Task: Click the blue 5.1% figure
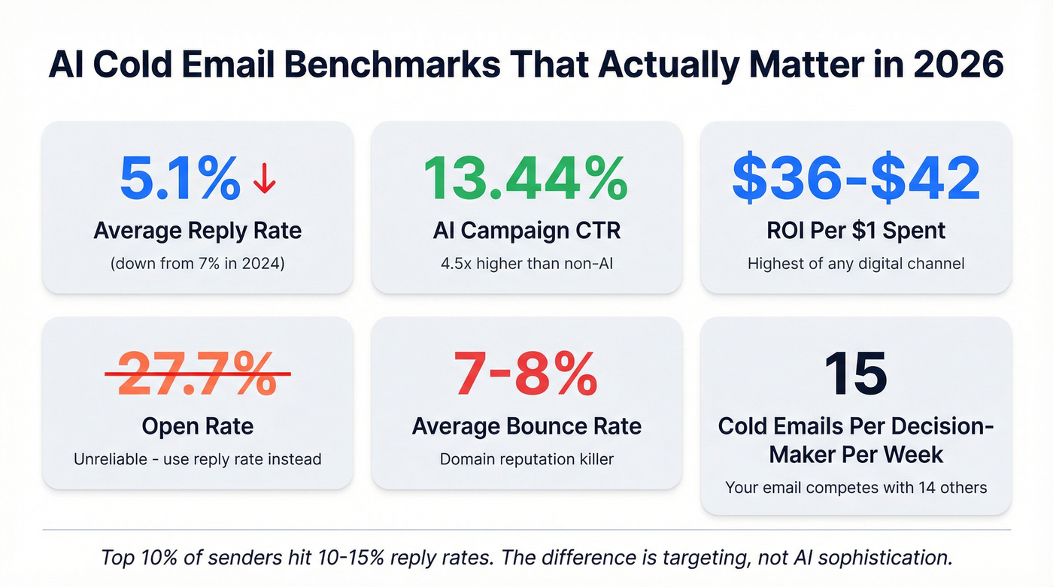pyautogui.click(x=180, y=178)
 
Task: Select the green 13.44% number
pyautogui.click(x=526, y=178)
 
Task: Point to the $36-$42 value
pyautogui.click(x=856, y=178)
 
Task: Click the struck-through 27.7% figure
pyautogui.click(x=197, y=374)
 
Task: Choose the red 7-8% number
pyautogui.click(x=526, y=374)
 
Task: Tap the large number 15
pyautogui.click(x=856, y=374)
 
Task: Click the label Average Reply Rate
pyautogui.click(x=197, y=230)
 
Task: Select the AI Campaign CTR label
pyautogui.click(x=526, y=230)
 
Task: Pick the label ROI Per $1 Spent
pyautogui.click(x=856, y=230)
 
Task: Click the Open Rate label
pyautogui.click(x=197, y=426)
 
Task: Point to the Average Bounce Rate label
pyautogui.click(x=526, y=426)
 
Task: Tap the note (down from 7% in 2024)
pyautogui.click(x=197, y=264)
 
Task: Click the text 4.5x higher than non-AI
pyautogui.click(x=526, y=264)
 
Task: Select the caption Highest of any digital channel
pyautogui.click(x=856, y=264)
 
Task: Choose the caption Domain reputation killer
pyautogui.click(x=526, y=458)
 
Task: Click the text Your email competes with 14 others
pyautogui.click(x=856, y=488)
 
